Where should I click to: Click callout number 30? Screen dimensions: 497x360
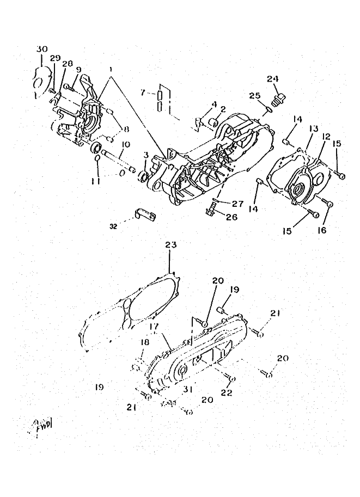[42, 49]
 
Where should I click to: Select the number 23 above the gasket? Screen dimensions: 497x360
[171, 246]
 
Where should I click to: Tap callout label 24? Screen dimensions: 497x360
[272, 78]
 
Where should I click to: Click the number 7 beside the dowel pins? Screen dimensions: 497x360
[143, 94]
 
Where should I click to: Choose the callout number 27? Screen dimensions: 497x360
[237, 204]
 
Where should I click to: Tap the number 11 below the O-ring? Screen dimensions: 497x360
[96, 181]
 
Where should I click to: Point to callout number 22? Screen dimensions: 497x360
[226, 392]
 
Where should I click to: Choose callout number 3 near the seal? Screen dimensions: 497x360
[146, 156]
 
